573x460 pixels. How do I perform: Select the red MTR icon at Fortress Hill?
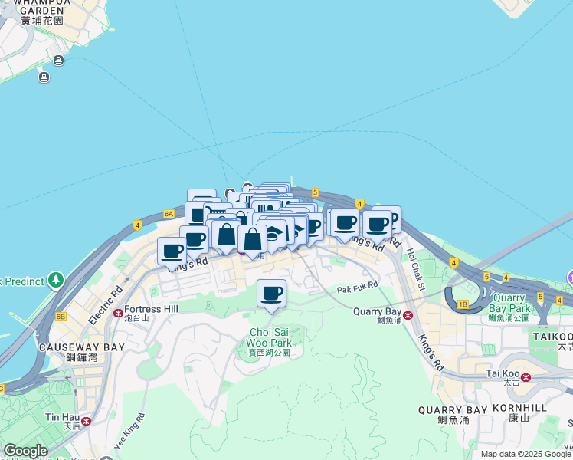point(119,313)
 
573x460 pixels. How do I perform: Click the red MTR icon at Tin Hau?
point(86,420)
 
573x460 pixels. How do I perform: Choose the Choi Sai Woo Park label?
point(270,337)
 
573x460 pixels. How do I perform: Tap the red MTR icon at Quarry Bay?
point(408,315)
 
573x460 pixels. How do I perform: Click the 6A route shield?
point(169,215)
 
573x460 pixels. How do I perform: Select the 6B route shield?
point(61,316)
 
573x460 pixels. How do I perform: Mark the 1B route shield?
point(462,304)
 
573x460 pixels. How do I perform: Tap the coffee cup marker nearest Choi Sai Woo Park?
point(271,294)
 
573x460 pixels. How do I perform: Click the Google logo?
point(25,451)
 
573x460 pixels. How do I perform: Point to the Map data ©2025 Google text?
point(526,454)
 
